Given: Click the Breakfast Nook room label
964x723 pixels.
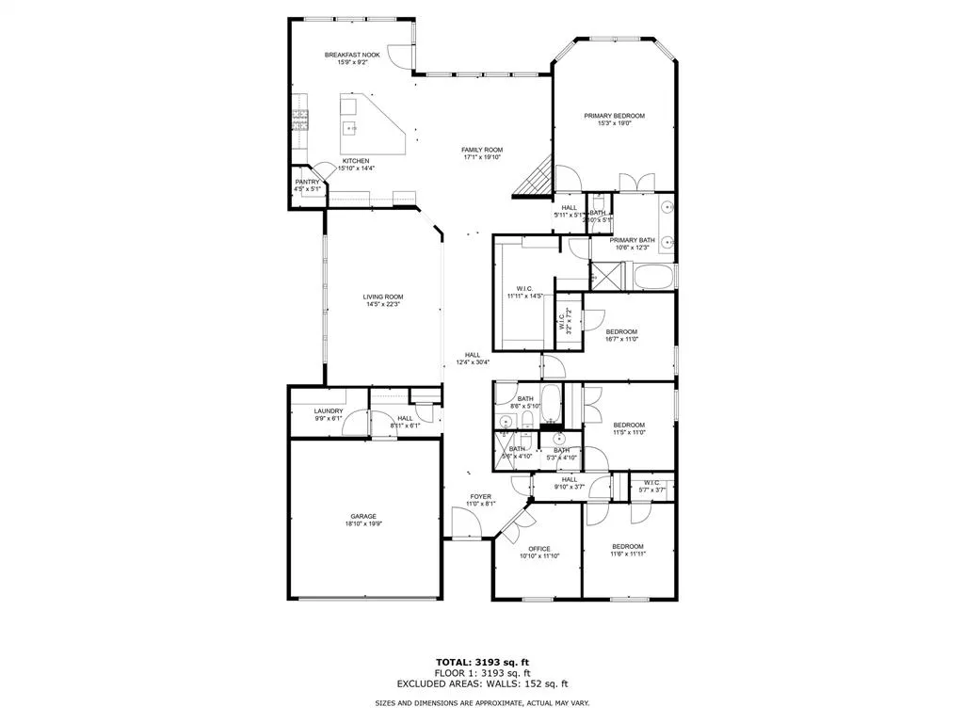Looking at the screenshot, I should point(352,56).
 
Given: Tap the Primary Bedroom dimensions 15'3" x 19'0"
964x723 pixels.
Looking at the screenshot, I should point(614,123).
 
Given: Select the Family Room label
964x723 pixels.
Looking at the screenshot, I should point(481,150).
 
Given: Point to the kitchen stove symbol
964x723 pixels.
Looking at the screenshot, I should point(299,120).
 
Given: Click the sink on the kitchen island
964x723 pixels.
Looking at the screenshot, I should point(352,127).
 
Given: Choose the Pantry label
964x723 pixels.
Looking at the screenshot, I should point(307,182).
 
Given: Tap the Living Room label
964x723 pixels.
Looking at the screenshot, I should point(383,297).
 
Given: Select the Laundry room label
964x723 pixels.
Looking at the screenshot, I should point(329,411).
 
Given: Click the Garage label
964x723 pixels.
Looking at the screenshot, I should point(363,516).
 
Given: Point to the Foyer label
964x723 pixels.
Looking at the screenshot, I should point(480,496).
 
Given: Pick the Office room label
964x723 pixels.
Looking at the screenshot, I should point(538,549).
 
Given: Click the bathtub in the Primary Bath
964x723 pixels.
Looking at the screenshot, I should point(652,277).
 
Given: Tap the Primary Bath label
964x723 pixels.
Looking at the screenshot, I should point(632,240).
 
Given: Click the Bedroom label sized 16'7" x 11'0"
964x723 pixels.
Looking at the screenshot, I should point(621,331).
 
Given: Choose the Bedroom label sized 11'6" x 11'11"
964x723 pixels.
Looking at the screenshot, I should point(628,546).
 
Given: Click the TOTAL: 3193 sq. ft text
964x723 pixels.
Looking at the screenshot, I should point(482,662).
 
